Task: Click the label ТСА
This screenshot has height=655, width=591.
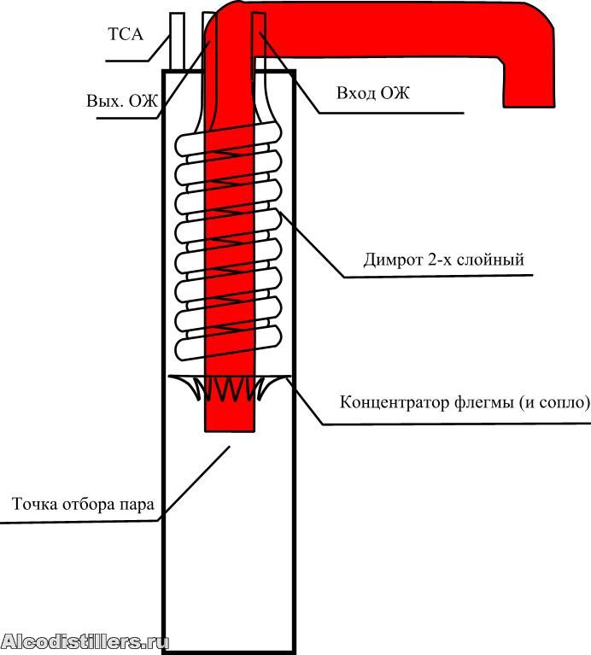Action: [x=126, y=35]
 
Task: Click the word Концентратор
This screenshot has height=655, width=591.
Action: [x=395, y=402]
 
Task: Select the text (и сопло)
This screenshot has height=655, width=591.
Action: [x=555, y=402]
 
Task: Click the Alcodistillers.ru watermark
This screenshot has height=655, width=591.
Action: [x=85, y=641]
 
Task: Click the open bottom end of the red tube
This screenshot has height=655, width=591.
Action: [x=230, y=427]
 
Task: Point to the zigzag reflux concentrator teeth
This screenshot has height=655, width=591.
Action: [x=230, y=389]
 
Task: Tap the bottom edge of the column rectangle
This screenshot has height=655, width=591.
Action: [x=230, y=652]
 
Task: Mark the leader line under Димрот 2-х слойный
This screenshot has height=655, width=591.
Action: [x=436, y=275]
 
